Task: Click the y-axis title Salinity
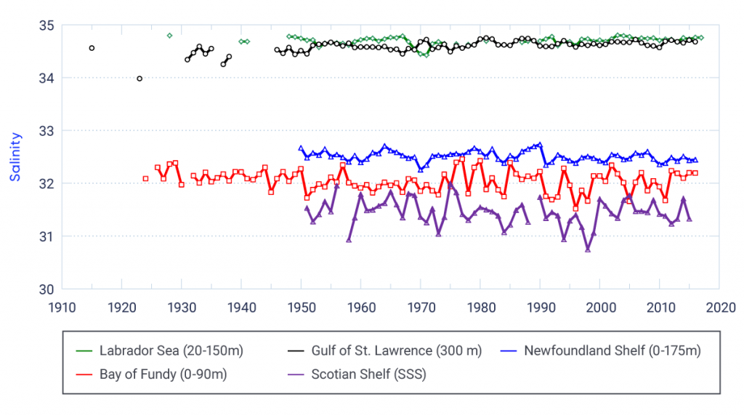click(15, 157)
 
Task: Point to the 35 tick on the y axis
click(47, 25)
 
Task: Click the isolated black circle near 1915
click(92, 48)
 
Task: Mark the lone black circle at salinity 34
click(139, 79)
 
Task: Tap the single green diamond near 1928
click(169, 35)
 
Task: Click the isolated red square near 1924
click(145, 179)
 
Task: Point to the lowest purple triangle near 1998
click(587, 249)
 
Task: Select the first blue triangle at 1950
click(301, 148)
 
